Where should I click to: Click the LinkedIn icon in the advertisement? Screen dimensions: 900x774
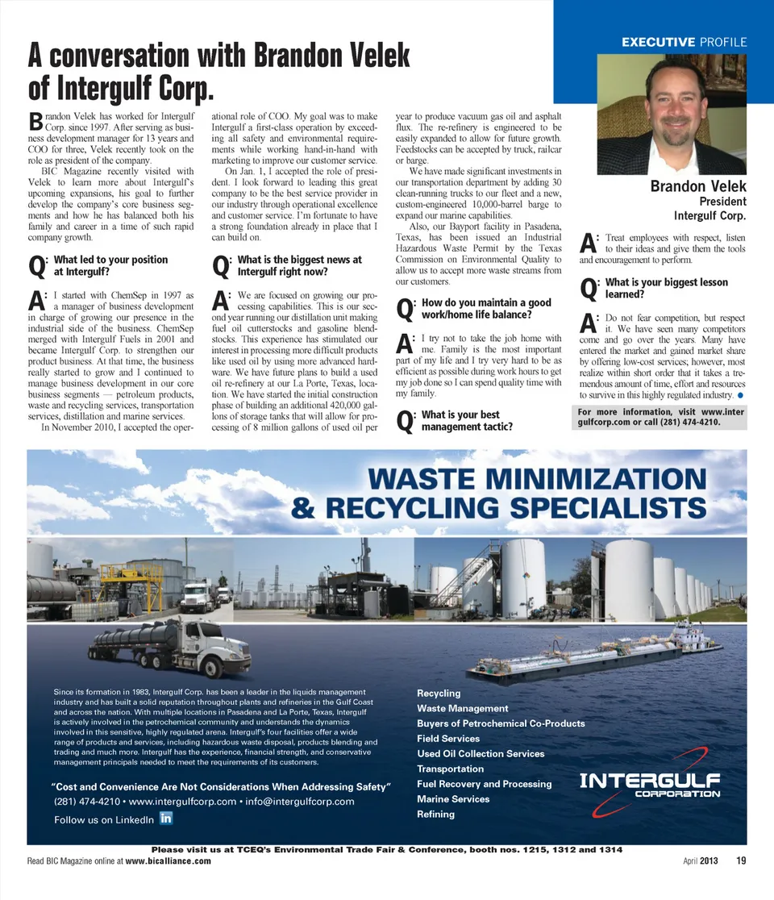(166, 818)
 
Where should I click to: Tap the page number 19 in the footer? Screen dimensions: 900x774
(740, 860)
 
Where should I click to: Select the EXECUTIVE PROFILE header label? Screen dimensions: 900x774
(684, 41)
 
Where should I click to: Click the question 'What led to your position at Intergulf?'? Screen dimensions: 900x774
(110, 265)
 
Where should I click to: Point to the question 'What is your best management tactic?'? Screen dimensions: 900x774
(467, 420)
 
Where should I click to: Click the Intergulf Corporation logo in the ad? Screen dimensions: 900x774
(650, 785)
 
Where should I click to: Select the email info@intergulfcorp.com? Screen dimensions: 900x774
(300, 802)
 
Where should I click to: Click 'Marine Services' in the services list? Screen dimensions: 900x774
(453, 799)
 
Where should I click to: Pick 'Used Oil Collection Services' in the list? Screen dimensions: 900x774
(481, 754)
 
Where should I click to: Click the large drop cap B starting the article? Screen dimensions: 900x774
(35, 122)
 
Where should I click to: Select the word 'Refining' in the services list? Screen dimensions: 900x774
(435, 815)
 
